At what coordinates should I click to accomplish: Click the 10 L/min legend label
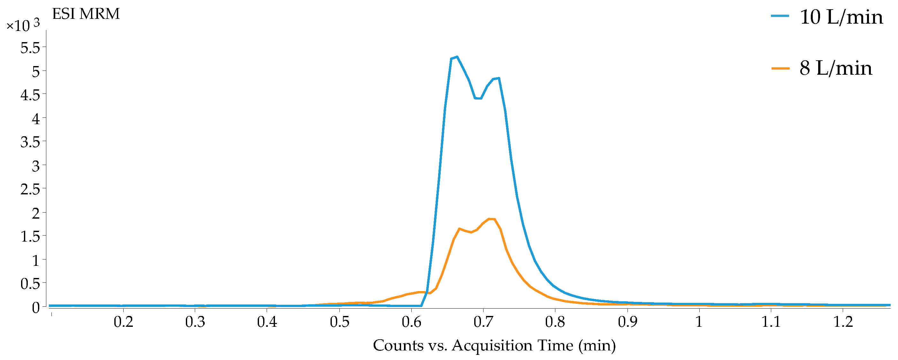pos(841,17)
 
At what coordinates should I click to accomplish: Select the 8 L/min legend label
pos(836,68)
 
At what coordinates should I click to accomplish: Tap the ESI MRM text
pos(86,14)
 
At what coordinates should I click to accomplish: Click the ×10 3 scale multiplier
pos(23,26)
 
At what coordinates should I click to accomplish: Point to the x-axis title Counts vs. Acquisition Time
pos(494,345)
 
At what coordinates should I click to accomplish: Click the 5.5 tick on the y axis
pos(30,48)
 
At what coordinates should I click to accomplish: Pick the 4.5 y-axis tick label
pos(30,95)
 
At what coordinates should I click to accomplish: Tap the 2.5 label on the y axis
pos(30,189)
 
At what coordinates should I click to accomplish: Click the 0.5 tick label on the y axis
pos(30,283)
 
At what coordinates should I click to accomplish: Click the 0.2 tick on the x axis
pos(123,322)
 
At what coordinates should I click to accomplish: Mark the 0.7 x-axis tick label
pos(483,322)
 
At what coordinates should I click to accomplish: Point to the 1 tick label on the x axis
pos(699,322)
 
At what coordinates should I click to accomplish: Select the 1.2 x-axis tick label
pos(843,322)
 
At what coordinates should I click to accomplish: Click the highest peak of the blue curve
pos(457,57)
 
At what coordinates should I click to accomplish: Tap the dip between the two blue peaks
pos(478,99)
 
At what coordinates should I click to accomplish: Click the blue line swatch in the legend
pos(780,16)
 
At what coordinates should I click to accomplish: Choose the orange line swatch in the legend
pos(780,68)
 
